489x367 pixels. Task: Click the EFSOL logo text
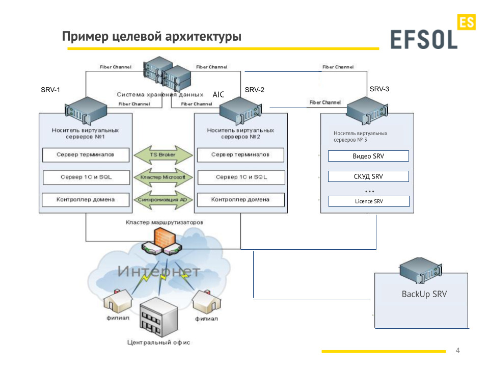point(424,40)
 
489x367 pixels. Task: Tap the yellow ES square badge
point(466,22)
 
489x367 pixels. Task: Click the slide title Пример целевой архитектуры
point(152,37)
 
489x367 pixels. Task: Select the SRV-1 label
point(50,90)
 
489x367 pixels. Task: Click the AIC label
point(219,94)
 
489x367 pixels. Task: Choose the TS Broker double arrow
point(163,154)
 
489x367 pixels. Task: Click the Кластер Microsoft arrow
point(163,177)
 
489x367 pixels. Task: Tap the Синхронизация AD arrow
point(163,200)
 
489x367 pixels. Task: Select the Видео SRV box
point(368,156)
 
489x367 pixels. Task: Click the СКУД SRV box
point(368,176)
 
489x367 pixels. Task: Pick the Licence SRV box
point(369,201)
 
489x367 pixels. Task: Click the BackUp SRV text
point(424,294)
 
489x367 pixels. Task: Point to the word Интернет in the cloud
point(159,271)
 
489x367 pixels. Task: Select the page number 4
point(457,350)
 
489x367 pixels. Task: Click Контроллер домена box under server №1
point(86,200)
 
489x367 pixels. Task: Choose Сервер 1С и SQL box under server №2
point(241,177)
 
